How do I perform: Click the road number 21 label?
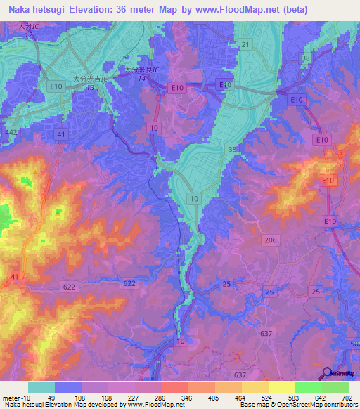[x=245, y=44]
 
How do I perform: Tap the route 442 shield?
[x=11, y=131]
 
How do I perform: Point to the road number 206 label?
[x=271, y=240]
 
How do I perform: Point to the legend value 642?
[x=321, y=397]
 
